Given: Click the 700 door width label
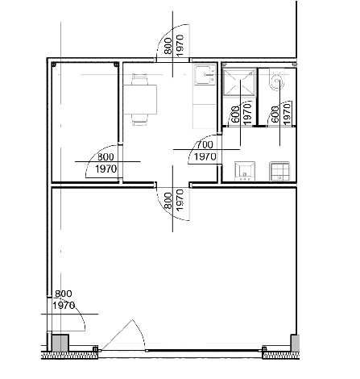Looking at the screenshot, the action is pos(205,145).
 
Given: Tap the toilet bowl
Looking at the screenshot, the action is pos(276,81).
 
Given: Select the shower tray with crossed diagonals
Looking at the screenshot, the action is pos(239,82).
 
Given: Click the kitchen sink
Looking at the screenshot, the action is pos(205,74).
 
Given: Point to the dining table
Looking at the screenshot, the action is pos(140,99).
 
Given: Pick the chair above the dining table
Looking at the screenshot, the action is pos(139,80).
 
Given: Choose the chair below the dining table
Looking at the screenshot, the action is pos(139,119).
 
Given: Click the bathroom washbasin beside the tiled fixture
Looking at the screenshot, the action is pos(245,171).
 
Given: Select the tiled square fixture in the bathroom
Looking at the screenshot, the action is pos(279,171).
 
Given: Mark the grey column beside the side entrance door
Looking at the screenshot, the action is pos(60,343).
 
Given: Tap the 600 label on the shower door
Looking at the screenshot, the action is pos(235,115).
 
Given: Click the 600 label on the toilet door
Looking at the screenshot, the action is pos(275,115).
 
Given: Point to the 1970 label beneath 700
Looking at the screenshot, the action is pos(205,156).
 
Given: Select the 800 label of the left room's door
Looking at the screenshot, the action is pos(106,156).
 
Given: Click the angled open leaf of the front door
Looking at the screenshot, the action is pos(117,335).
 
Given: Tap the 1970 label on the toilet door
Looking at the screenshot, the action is pos(288,115).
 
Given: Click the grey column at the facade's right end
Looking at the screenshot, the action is pos(295,343).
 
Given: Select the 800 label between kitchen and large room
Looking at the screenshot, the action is pos(168,201).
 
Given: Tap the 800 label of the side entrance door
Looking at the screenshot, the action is pos(64,294).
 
